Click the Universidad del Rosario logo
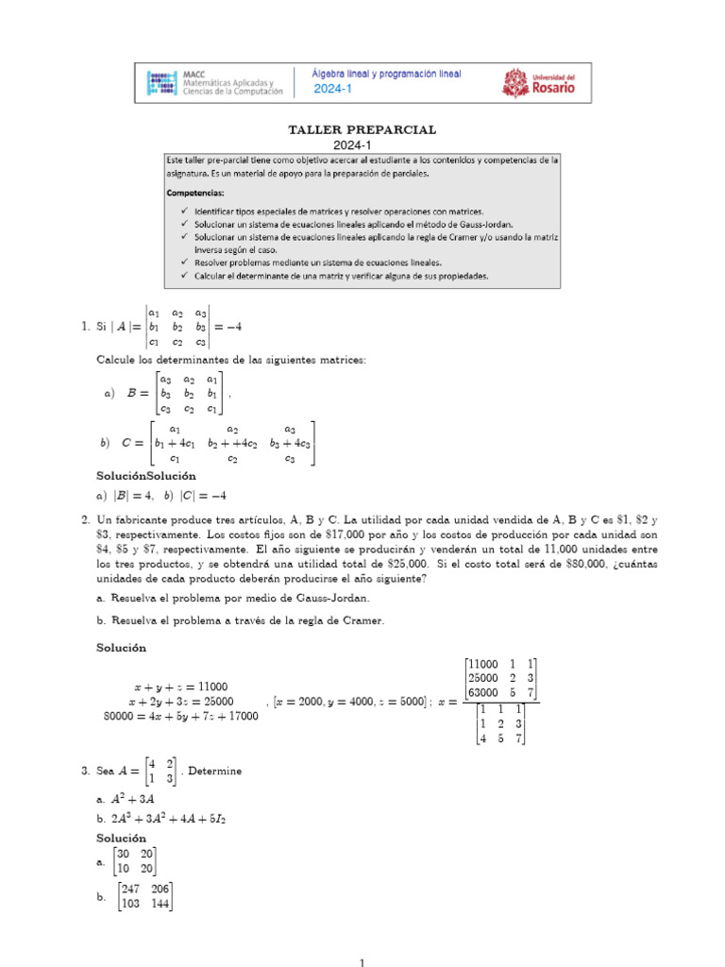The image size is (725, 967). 537,83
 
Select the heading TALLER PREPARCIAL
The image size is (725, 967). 362,129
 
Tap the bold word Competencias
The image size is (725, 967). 200,192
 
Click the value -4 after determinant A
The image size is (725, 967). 233,327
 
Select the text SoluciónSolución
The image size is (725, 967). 146,476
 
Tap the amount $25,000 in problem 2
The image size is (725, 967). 405,563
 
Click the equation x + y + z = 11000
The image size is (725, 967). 178,686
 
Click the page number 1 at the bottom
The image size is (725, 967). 362,962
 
